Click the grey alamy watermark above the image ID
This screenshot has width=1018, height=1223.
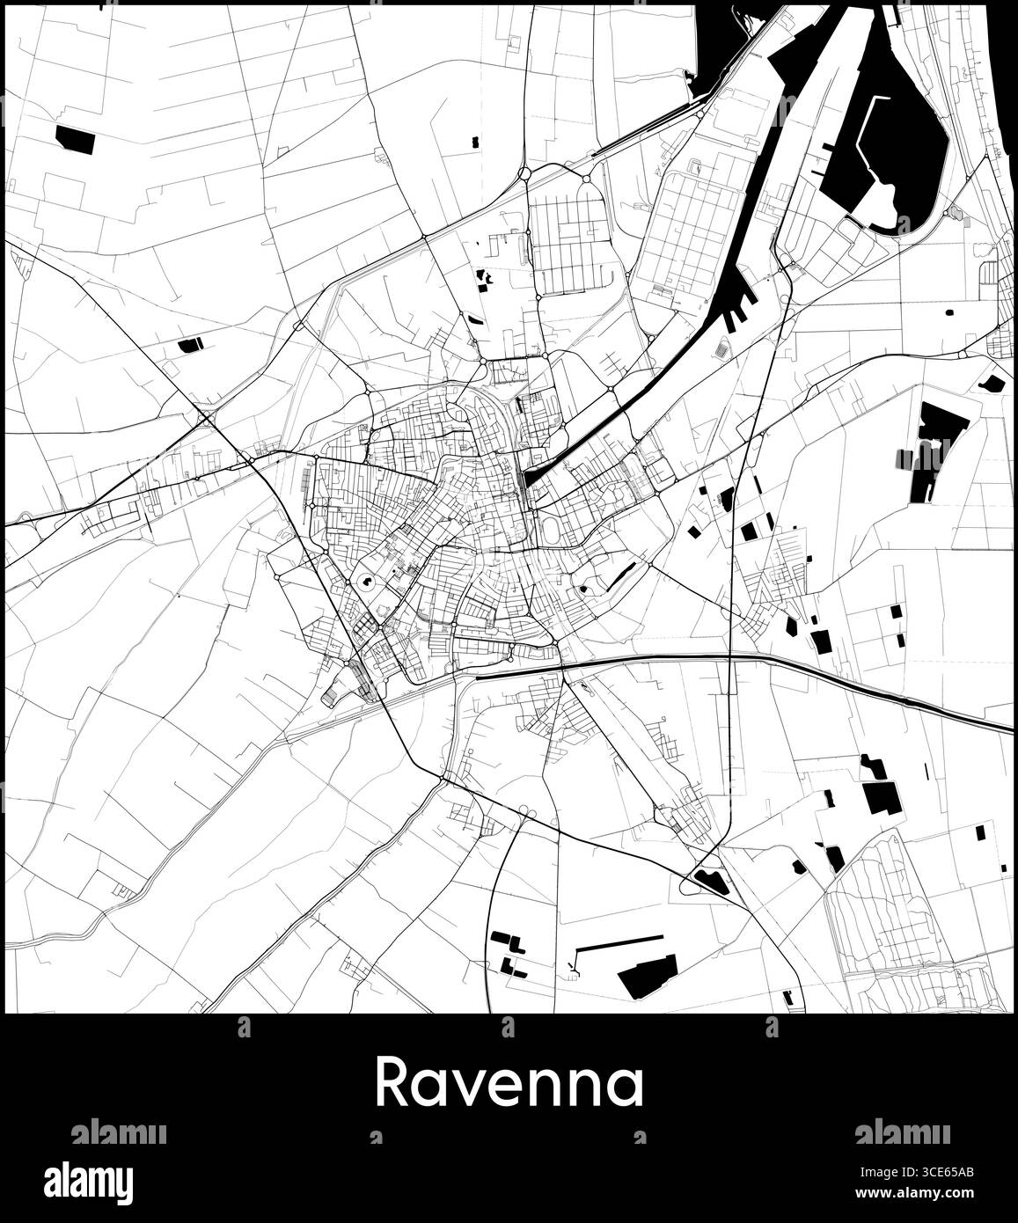[x=902, y=1132]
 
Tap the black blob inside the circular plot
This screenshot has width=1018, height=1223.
[x=363, y=582]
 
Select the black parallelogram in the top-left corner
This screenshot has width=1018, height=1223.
[x=75, y=139]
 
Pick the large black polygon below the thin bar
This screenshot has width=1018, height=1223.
[x=647, y=977]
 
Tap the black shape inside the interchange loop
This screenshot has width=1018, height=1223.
[x=711, y=880]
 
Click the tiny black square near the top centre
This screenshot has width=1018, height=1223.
[x=475, y=141]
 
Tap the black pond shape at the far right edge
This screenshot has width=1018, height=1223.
[x=992, y=383]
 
